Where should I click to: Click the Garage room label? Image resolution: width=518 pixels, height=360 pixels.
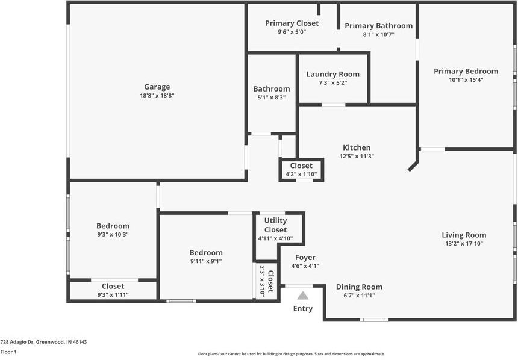click(x=157, y=87)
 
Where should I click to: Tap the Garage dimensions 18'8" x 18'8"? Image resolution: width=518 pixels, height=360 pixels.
click(x=157, y=96)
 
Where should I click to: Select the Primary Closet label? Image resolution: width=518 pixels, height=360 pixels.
click(x=292, y=23)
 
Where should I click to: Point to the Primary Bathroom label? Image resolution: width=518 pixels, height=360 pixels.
click(x=379, y=26)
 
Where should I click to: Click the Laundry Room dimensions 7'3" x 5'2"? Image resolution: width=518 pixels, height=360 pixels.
click(x=332, y=83)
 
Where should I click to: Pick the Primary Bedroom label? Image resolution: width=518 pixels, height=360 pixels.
click(x=466, y=72)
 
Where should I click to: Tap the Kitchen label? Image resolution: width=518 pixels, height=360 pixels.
click(x=357, y=147)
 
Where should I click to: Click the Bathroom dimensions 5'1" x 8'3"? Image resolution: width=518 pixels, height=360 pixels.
click(x=272, y=98)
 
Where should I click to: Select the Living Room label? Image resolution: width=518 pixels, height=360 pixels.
click(x=464, y=235)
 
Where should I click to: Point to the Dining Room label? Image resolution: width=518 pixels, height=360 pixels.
click(x=359, y=287)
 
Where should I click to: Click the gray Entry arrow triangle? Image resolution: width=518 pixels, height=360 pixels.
click(x=302, y=296)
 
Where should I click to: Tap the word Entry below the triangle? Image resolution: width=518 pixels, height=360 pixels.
click(x=303, y=308)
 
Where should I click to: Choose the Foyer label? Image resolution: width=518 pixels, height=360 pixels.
click(x=305, y=258)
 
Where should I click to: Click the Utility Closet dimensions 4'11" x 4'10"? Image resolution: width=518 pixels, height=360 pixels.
click(x=275, y=238)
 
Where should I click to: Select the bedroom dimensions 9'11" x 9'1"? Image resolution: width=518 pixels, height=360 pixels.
click(x=206, y=261)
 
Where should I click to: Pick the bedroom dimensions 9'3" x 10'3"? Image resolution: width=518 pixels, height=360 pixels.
click(x=113, y=235)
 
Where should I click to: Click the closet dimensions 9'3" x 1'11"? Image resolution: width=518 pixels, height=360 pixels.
click(x=113, y=295)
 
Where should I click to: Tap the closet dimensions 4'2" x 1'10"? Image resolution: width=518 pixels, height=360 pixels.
click(x=301, y=175)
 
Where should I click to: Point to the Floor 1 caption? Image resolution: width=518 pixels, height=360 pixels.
click(x=8, y=352)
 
